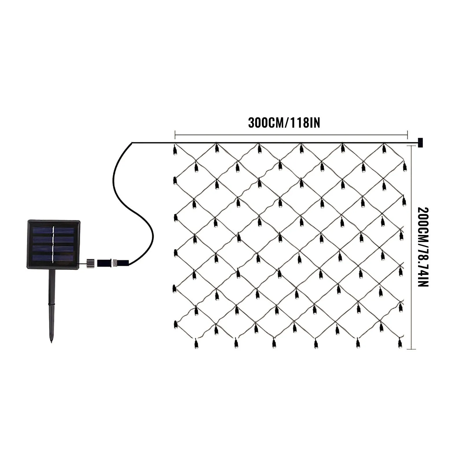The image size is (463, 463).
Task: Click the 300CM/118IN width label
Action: click(x=284, y=123)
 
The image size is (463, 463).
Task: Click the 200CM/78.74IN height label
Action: click(x=423, y=247)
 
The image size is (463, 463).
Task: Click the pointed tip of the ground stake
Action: click(x=52, y=341)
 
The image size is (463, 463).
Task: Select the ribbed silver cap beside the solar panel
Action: click(x=91, y=263)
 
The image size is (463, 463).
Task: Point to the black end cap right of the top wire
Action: click(x=420, y=143)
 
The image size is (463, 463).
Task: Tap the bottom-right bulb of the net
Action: click(x=400, y=343)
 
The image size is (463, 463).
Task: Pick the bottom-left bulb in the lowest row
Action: click(x=196, y=343)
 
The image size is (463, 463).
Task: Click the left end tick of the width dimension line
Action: click(x=175, y=135)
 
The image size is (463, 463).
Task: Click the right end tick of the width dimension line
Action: click(x=407, y=135)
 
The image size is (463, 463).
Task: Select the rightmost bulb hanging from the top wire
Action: click(x=384, y=149)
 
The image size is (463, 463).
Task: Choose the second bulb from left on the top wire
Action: click(x=217, y=149)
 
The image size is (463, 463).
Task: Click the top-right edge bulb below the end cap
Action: click(x=405, y=167)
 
